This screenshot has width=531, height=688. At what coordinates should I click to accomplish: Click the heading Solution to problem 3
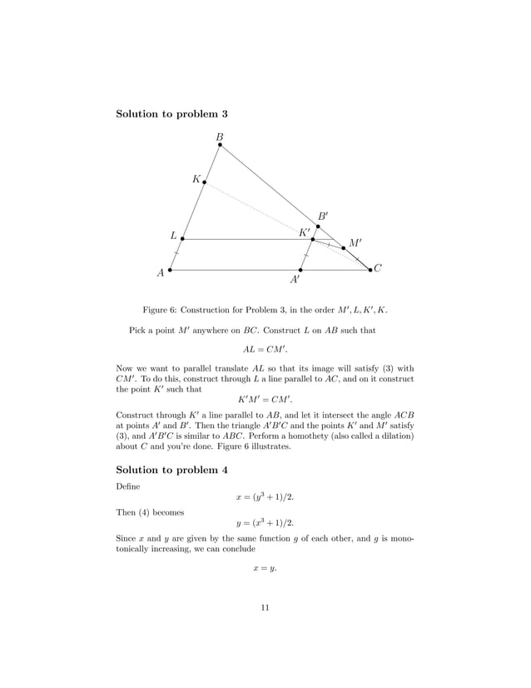(x=171, y=113)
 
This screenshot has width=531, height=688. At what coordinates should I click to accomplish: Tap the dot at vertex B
(x=220, y=145)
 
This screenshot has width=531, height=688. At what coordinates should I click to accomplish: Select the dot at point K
(x=205, y=182)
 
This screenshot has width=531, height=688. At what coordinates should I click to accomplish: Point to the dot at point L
(x=182, y=239)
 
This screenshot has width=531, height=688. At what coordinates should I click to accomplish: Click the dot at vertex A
(x=170, y=270)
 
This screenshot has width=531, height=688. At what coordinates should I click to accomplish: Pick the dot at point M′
(x=343, y=247)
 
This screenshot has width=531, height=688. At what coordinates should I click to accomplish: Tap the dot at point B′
(x=317, y=226)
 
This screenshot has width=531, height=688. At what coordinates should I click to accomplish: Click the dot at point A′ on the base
(x=300, y=270)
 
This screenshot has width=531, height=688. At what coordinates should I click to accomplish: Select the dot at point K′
(x=312, y=240)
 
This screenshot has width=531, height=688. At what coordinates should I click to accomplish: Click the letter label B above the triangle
(x=220, y=136)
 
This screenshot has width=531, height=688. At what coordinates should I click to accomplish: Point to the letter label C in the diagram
(x=378, y=268)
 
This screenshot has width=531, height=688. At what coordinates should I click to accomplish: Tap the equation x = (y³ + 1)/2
(x=265, y=497)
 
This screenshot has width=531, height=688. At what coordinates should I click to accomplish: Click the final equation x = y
(x=265, y=569)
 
